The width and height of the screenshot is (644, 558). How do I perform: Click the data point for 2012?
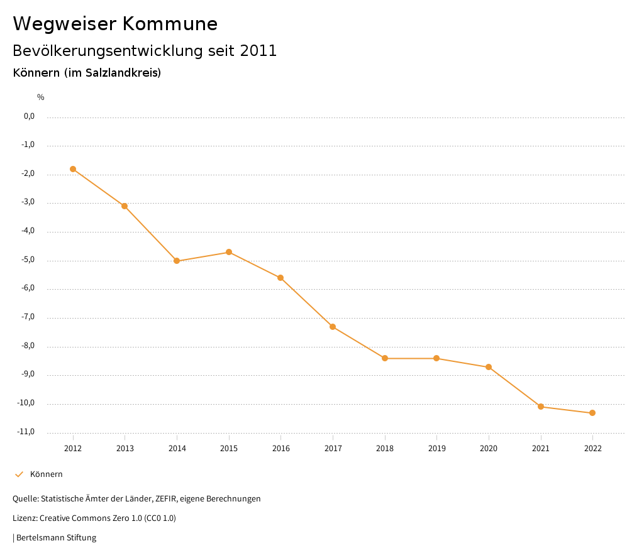[x=73, y=169]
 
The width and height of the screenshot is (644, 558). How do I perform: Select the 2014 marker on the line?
[x=177, y=261]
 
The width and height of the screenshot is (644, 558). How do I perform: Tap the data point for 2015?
[x=229, y=252]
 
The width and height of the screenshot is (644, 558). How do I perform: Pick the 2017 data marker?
[x=333, y=327]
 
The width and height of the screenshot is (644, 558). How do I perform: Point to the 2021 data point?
[x=541, y=407]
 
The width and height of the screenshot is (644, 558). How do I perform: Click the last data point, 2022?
[x=592, y=413]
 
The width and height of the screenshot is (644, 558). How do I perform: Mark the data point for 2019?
[x=436, y=358]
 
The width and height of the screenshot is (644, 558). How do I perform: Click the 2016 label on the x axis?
[x=281, y=449]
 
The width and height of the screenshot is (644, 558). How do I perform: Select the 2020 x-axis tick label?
[x=489, y=449]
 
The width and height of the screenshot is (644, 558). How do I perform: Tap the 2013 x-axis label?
[x=125, y=449]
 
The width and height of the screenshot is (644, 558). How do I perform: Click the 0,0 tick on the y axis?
[x=28, y=116]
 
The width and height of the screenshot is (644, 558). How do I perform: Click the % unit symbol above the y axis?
[x=41, y=97]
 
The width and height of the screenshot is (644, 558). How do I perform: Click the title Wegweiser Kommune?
[x=115, y=24]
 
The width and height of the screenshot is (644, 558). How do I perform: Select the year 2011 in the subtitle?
[x=258, y=51]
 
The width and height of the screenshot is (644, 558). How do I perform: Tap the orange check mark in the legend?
[x=19, y=474]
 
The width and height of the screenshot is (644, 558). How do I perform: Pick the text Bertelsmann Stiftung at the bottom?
[x=56, y=538]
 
